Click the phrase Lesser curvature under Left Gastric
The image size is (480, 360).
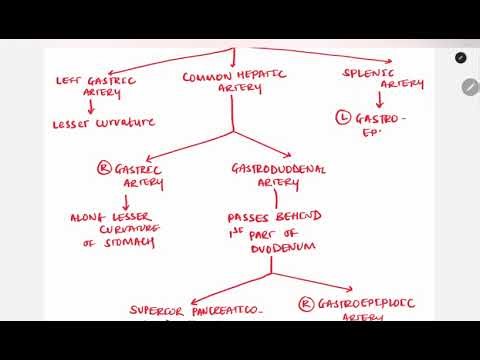[103, 123]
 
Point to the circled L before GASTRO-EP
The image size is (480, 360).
[344, 118]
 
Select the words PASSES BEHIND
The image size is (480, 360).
[270, 217]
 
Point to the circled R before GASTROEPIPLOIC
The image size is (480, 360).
[304, 302]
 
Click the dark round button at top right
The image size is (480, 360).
[460, 57]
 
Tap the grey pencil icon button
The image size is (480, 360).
[470, 87]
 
